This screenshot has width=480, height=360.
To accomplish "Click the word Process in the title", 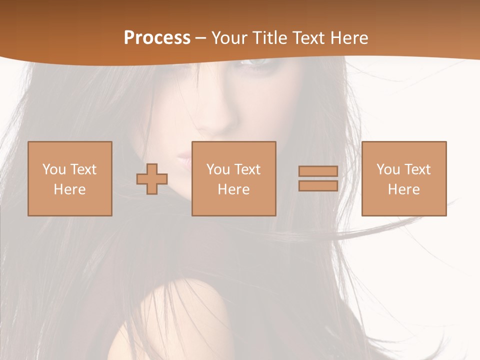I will [x=157, y=37].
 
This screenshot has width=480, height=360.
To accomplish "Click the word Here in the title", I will [x=346, y=37].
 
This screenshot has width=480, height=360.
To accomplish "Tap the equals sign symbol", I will [x=318, y=178].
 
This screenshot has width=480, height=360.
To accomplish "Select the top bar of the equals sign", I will [x=318, y=171].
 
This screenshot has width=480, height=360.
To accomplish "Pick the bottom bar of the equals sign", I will [x=318, y=185].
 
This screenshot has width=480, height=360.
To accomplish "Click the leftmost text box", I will [x=69, y=178].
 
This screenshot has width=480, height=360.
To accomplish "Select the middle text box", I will [x=233, y=178].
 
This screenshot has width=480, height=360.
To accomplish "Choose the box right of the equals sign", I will [x=403, y=178].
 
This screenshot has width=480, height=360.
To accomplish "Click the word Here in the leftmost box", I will [x=69, y=189].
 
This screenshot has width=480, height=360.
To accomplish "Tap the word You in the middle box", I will [x=218, y=169].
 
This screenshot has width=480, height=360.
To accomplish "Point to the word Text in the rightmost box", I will [x=417, y=169].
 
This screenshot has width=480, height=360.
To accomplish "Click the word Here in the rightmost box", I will [x=403, y=189].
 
